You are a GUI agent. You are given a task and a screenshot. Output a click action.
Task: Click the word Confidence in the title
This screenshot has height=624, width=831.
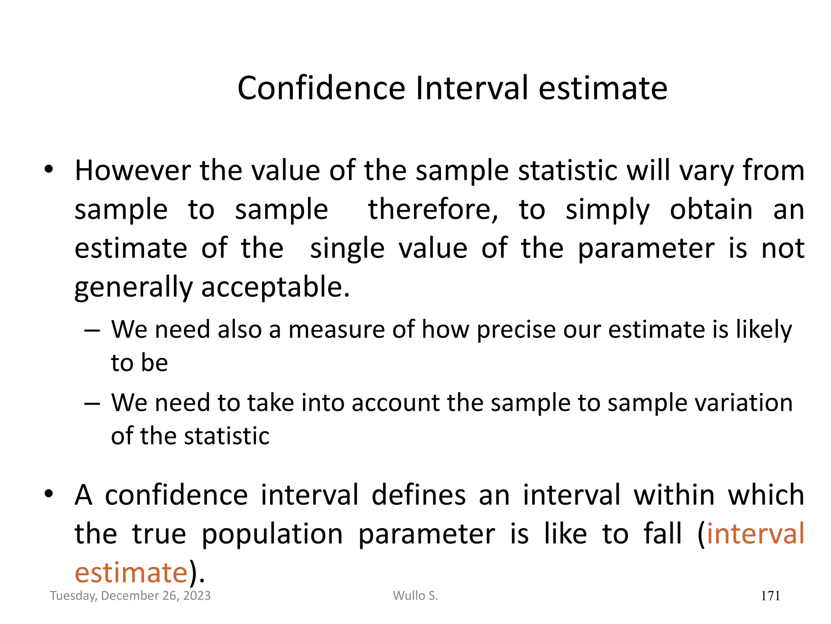pyautogui.click(x=321, y=88)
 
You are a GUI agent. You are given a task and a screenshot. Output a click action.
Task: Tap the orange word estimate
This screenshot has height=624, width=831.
pyautogui.click(x=131, y=573)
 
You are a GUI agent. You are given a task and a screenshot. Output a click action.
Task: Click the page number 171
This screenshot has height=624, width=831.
pyautogui.click(x=770, y=596)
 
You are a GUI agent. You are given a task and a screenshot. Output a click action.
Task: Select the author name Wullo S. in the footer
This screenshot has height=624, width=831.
pyautogui.click(x=415, y=596)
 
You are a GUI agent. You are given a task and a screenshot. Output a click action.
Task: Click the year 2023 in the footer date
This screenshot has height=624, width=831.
pyautogui.click(x=197, y=596)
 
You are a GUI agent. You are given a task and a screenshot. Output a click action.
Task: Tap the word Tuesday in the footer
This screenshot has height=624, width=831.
pyautogui.click(x=73, y=596)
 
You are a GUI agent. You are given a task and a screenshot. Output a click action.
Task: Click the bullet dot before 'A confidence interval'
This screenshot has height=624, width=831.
pyautogui.click(x=49, y=494)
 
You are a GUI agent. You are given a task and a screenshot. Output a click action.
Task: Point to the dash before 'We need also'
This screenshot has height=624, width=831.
pyautogui.click(x=92, y=330)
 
